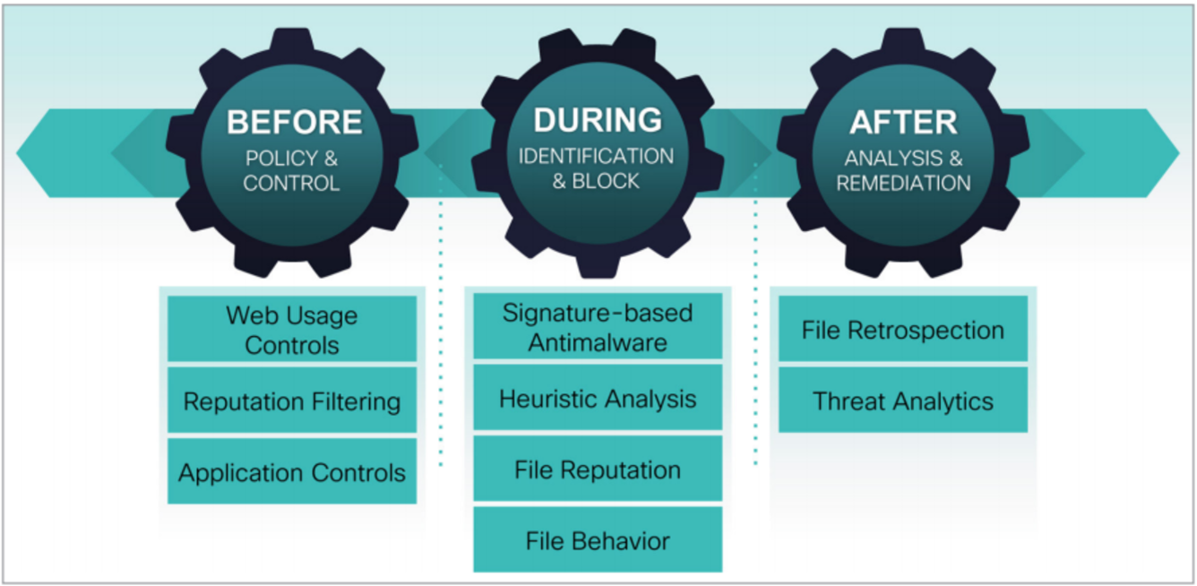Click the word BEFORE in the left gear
pyautogui.click(x=294, y=122)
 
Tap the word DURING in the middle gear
pyautogui.click(x=598, y=120)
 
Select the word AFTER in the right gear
pyautogui.click(x=903, y=122)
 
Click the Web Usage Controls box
pyautogui.click(x=292, y=330)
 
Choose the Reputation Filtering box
pyautogui.click(x=292, y=401)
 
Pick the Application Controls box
pyautogui.click(x=292, y=471)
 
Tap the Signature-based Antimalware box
pyautogui.click(x=598, y=327)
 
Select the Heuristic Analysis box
pyautogui.click(x=598, y=399)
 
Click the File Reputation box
pyautogui.click(x=598, y=470)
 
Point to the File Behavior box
pyautogui.click(x=598, y=540)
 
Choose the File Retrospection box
pyautogui.click(x=903, y=330)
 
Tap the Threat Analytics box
pyautogui.click(x=903, y=401)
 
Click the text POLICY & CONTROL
pyautogui.click(x=292, y=171)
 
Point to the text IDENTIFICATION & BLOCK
pyautogui.click(x=597, y=168)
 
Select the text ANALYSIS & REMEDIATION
pyautogui.click(x=903, y=170)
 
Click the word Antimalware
pyautogui.click(x=598, y=342)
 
